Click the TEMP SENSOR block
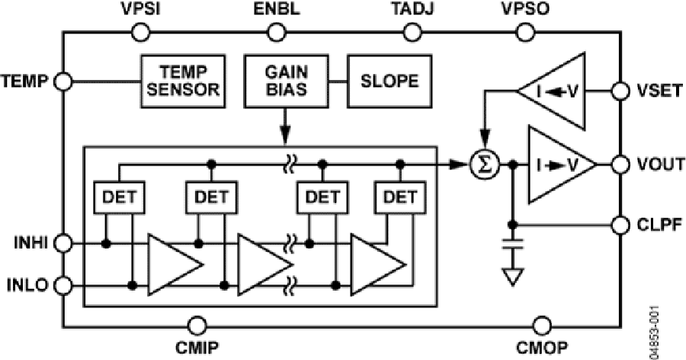[x=184, y=81]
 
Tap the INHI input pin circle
[x=64, y=244]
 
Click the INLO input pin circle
[x=64, y=286]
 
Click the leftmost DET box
[x=117, y=198]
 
